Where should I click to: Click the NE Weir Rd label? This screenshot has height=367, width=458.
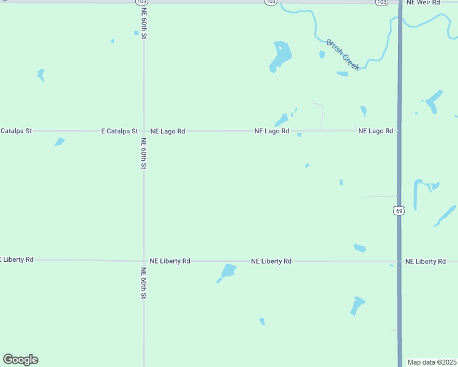pos(424,3)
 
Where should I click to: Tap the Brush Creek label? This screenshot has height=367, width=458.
pos(343,55)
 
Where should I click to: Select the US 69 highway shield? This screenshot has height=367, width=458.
pos(399,210)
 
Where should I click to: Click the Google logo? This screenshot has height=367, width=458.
pos(20,360)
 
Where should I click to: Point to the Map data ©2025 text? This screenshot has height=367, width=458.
pos(432,362)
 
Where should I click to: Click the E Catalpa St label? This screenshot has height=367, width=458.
pos(119,131)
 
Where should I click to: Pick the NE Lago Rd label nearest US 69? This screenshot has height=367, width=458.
pos(375,131)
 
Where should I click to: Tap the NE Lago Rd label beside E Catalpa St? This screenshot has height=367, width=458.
pos(168,131)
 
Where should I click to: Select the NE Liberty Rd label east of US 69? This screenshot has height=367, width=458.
pos(426,261)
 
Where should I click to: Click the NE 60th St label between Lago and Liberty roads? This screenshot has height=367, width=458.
pos(144,154)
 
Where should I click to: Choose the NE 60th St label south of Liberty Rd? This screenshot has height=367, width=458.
pos(144,283)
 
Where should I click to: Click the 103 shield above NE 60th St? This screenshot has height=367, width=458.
pos(141,2)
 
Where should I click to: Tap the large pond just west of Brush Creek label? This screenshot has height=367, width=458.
pos(280,56)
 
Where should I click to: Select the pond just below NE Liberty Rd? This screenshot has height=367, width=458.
pos(228,271)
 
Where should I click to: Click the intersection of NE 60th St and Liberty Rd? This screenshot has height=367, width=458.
pos(144,261)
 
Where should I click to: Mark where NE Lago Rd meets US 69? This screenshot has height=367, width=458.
pos(399,130)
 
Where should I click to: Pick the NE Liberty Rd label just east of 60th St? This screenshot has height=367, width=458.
pos(170,261)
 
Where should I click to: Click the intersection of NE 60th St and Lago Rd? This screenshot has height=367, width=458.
pos(144,131)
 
